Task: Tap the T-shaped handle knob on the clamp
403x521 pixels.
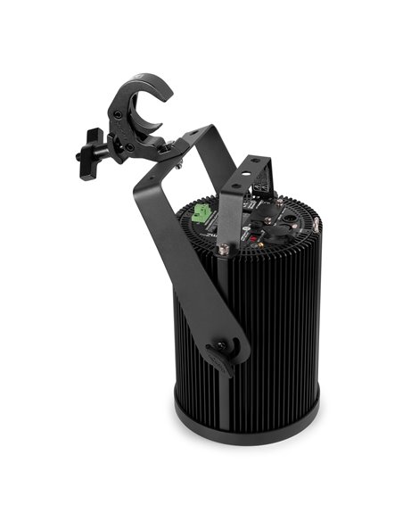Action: pos(90,153)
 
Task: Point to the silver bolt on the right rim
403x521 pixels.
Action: pos(316,229)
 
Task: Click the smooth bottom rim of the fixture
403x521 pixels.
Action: pos(246,426)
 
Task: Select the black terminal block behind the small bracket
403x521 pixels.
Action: pos(263,185)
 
